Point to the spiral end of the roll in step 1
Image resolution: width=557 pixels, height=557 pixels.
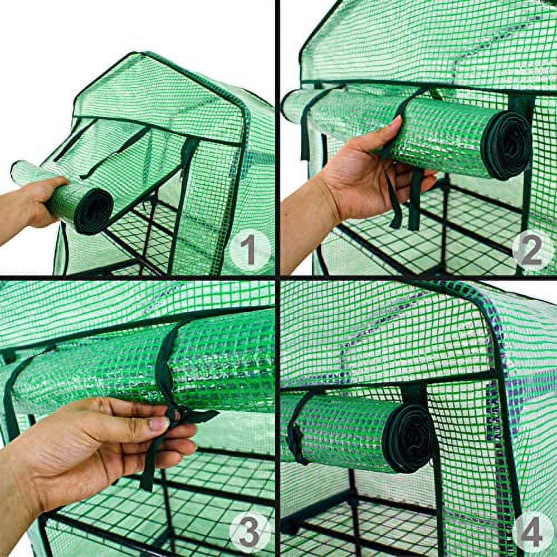pos(94,211)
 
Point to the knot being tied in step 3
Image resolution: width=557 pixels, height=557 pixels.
pos(177,413)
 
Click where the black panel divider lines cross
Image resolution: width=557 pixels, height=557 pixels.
pos(277,277)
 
